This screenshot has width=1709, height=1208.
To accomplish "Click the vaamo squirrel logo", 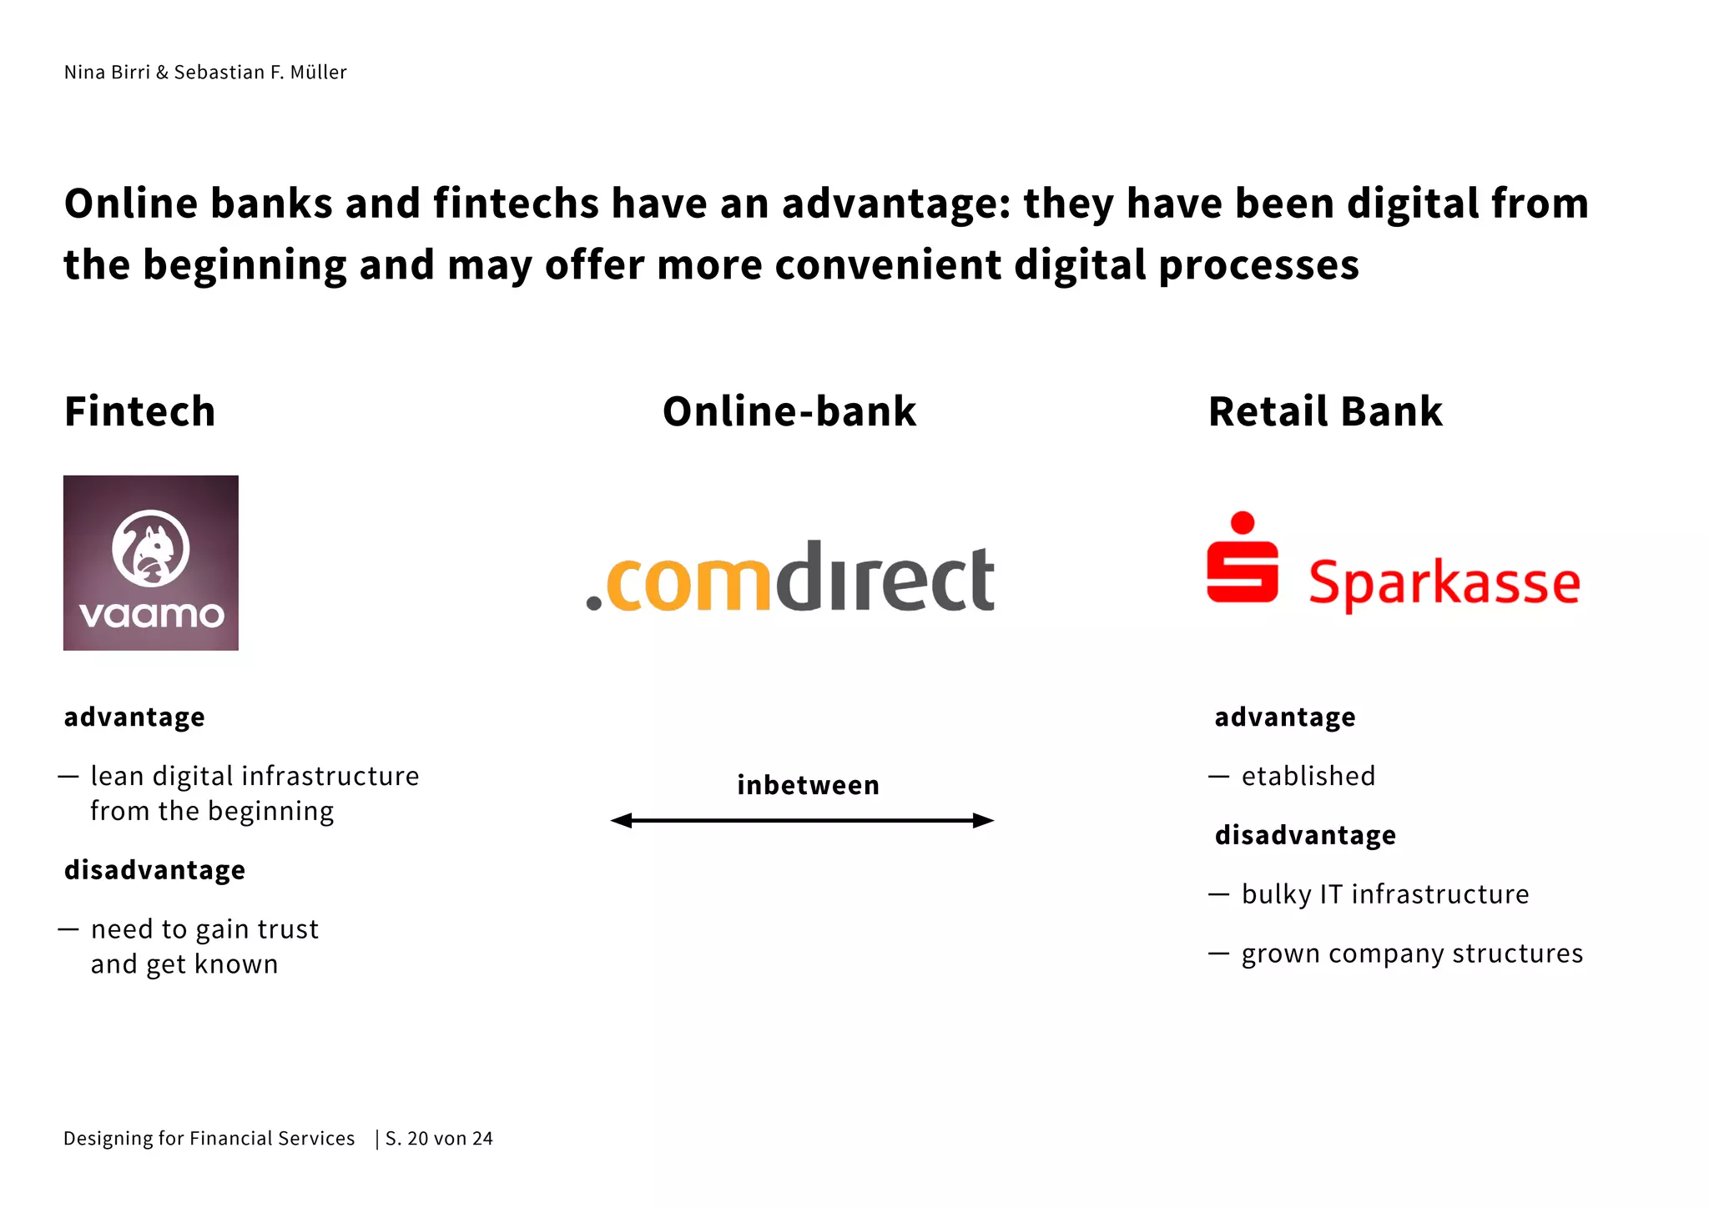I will click(x=151, y=562).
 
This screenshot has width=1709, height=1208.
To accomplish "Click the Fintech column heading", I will click(x=140, y=411).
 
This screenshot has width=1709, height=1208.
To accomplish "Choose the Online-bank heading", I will click(x=789, y=411).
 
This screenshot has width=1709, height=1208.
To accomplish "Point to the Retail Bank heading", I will click(x=1325, y=411).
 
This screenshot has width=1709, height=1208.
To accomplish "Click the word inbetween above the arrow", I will click(x=808, y=785).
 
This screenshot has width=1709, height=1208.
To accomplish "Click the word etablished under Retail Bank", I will click(x=1308, y=776).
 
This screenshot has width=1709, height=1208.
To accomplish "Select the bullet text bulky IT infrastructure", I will click(x=1385, y=894).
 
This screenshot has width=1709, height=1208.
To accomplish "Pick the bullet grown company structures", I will click(x=1412, y=954).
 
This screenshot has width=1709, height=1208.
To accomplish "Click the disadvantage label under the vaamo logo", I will click(x=154, y=870).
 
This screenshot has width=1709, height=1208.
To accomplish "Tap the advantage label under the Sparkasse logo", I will click(x=1285, y=717).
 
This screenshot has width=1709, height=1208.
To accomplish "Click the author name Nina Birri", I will click(x=107, y=73).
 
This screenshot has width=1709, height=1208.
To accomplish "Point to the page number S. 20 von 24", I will click(x=439, y=1139).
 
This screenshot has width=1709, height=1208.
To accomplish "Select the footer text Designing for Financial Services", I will click(x=209, y=1139).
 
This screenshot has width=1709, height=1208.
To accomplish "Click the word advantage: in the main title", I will click(x=896, y=204).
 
